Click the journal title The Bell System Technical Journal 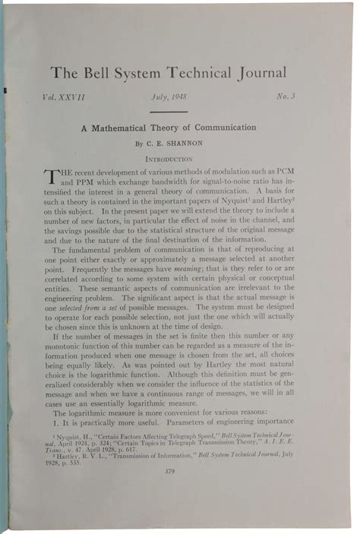pyautogui.click(x=168, y=73)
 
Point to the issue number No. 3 pyautogui.click(x=283, y=100)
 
